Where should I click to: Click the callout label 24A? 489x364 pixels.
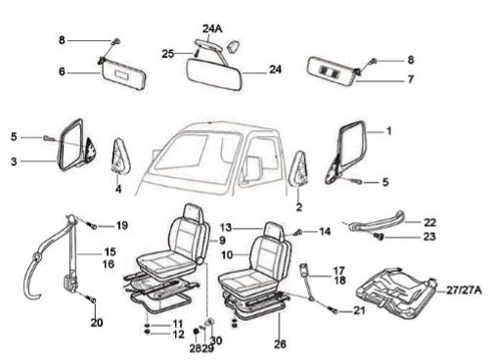tap(212, 28)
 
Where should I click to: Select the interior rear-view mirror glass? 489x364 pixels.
tap(214, 73)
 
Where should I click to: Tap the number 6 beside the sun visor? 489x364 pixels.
tap(62, 71)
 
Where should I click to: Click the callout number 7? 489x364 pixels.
tap(411, 79)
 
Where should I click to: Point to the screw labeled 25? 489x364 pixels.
tap(196, 53)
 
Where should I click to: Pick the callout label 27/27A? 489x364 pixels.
tap(464, 291)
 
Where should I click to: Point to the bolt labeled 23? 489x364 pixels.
tap(378, 237)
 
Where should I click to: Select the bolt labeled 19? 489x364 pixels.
tap(92, 225)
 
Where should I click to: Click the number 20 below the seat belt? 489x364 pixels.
tap(97, 323)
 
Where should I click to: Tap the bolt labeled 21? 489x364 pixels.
tap(333, 311)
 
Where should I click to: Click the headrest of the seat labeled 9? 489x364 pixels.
tap(194, 212)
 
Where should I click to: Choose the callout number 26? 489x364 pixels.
tap(280, 343)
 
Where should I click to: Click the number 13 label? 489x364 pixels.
tap(226, 227)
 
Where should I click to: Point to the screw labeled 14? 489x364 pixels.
tap(298, 233)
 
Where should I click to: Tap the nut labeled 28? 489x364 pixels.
tap(197, 332)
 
